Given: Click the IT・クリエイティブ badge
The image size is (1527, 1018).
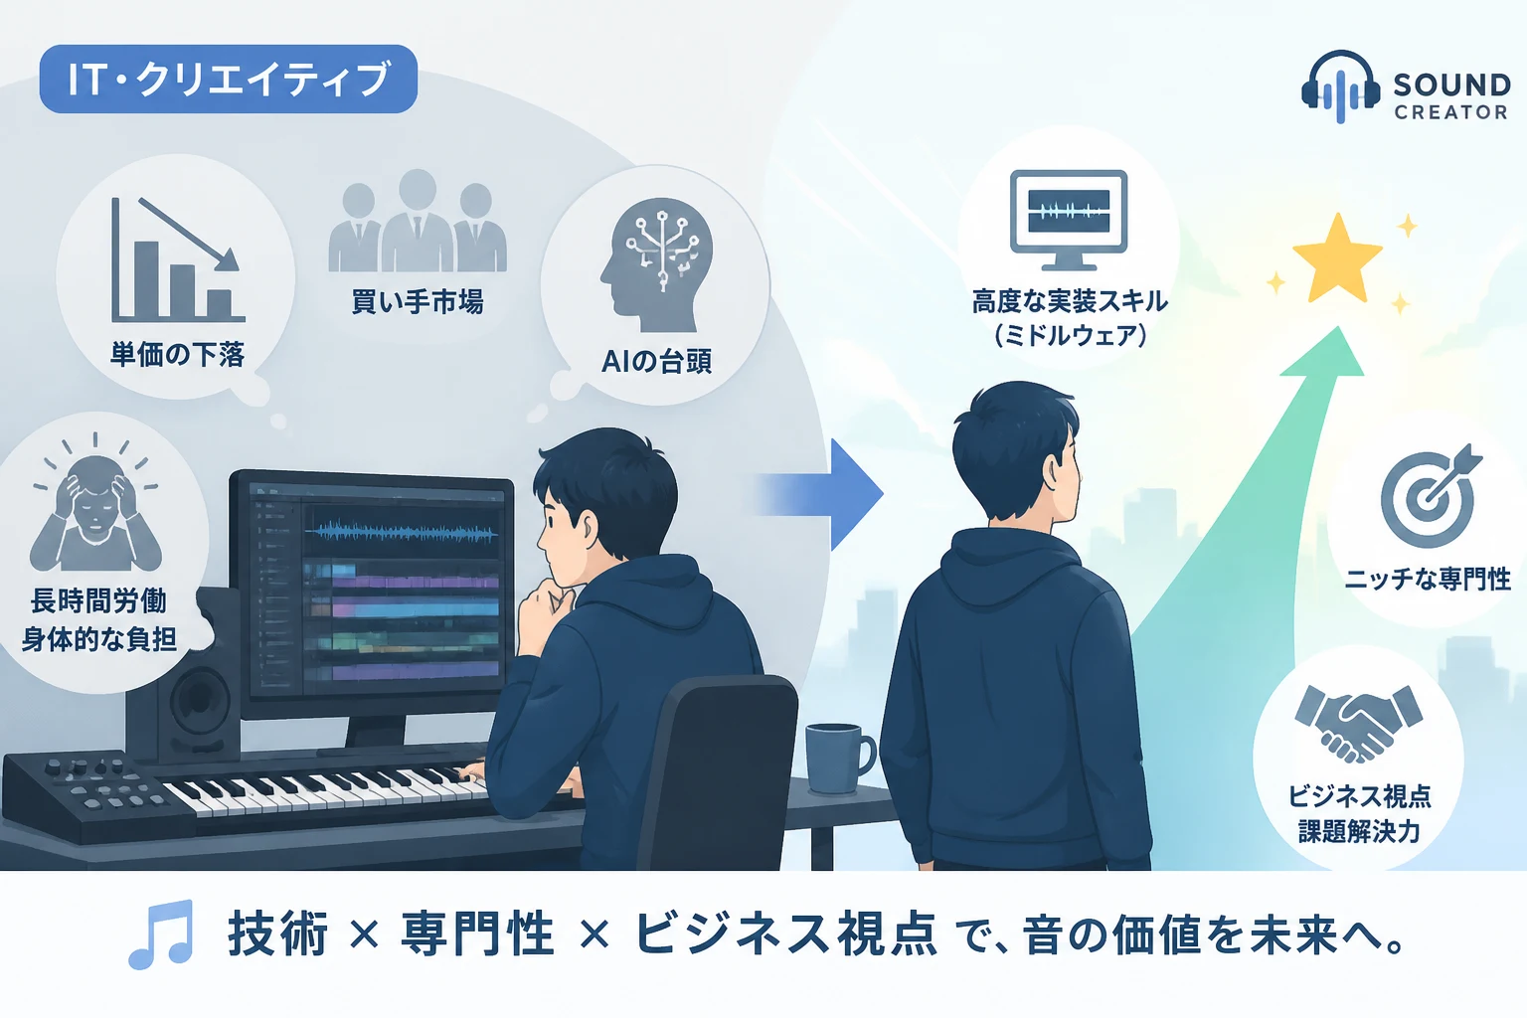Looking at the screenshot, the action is coord(229,80).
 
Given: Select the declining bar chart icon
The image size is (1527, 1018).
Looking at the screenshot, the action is coord(177,259).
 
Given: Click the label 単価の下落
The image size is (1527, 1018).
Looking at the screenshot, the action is coord(177,355).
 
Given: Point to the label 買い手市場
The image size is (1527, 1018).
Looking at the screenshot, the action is coord(418,301).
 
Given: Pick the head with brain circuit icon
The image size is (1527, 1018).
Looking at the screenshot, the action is coord(656,264).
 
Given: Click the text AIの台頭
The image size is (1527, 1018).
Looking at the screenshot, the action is coord(656,362).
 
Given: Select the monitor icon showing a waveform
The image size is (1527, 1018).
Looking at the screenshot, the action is coord(1069,220).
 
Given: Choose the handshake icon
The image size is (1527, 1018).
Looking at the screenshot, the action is coord(1358,724).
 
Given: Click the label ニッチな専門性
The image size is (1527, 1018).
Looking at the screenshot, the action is coord(1428,580).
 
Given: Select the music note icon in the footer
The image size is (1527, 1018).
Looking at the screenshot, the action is coord(162,934).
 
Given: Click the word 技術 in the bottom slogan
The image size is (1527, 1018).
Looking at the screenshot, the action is coord(277,934).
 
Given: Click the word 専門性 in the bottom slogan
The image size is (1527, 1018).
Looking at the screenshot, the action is coord(476,934).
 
